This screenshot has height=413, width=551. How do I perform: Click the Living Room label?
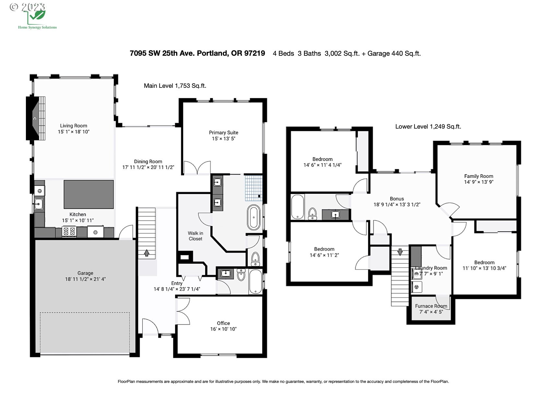pos(74,126)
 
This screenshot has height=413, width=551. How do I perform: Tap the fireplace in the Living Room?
pos(36,118)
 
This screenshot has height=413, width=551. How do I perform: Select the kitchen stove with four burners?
pos(69,231)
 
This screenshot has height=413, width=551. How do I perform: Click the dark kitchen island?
pos(89,194)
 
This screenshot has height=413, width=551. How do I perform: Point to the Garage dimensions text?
pos(85,279)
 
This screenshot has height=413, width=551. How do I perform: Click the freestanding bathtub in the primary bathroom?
pos(254,217)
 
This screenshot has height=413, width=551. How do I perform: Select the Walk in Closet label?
pos(195,236)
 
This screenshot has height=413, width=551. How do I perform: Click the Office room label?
pos(223,323)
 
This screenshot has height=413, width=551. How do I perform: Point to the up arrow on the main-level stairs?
pos(147,253)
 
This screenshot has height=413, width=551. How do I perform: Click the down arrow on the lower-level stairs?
pos(400,252)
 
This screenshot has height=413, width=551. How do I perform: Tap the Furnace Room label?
pos(431,306)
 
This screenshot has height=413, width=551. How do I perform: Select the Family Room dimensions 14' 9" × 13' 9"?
pos(479,182)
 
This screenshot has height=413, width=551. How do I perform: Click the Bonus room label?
pos(397,199)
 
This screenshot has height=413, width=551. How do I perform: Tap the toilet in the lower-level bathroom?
pos(312,213)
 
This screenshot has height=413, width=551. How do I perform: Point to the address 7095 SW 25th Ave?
pos(162,53)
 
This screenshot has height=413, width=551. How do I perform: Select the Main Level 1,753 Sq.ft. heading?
pos(175,86)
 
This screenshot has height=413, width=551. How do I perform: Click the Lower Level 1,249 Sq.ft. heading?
pos(428,127)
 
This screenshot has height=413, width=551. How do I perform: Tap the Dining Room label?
pos(148,162)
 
